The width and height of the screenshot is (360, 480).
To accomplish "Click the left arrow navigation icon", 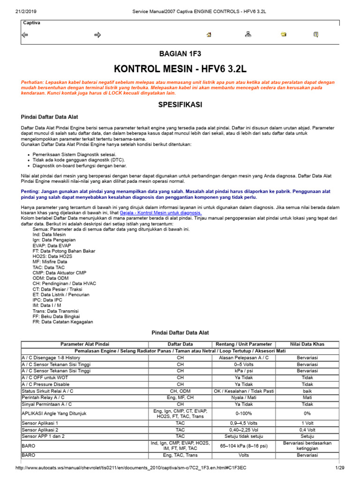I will [x=25, y=35].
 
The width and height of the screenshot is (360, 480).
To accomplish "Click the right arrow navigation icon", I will [x=98, y=35].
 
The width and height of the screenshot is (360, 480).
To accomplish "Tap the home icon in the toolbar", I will [x=209, y=35].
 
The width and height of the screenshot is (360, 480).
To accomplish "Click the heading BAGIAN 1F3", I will [x=180, y=54].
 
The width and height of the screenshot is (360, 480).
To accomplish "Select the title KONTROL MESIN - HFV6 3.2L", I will [x=180, y=69].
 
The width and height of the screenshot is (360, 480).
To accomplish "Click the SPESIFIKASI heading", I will [x=180, y=105].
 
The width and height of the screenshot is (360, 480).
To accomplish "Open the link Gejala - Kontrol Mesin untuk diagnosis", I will [x=161, y=212].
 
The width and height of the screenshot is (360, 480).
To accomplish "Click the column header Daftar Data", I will [x=180, y=344].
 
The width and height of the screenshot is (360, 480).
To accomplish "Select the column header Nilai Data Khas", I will [x=307, y=344].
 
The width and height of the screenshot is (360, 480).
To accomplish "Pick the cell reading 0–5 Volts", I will [x=244, y=364].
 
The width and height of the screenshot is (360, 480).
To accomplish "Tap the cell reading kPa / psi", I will [x=244, y=370].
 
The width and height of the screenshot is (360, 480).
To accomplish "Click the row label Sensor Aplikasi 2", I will [x=40, y=429].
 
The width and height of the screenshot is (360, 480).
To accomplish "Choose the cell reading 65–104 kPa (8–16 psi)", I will [x=244, y=446].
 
